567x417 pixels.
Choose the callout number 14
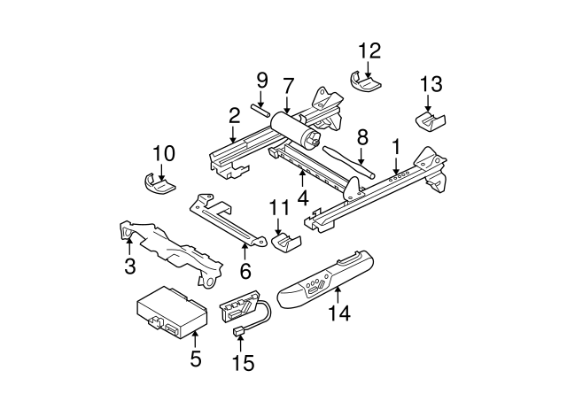pyautogui.click(x=339, y=312)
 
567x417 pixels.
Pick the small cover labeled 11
pyautogui.click(x=285, y=242)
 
